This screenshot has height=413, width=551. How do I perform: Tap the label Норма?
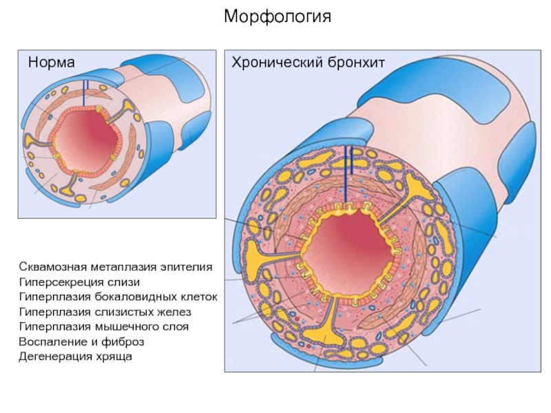click(52, 63)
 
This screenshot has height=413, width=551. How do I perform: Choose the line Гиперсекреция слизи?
click(79, 282)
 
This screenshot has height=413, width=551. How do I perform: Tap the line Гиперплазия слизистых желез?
click(101, 312)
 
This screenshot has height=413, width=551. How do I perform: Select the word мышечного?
click(126, 326)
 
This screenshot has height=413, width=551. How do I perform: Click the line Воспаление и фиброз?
click(81, 341)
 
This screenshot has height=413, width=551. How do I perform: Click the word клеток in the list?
click(200, 297)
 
